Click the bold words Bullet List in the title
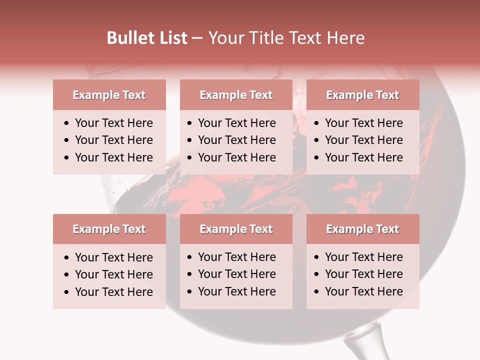[147, 38]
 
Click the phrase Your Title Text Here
[286, 38]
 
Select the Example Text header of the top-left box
[109, 95]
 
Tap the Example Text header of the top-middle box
[236, 95]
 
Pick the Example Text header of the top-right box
[362, 95]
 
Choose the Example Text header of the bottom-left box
[109, 229]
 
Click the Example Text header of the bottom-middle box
[236, 229]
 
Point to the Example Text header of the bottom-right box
[362, 229]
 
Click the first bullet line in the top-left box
[113, 123]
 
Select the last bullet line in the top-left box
[113, 157]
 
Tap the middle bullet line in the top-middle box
[236, 140]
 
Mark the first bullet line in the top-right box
[363, 123]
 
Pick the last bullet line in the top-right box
[363, 157]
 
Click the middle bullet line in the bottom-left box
[113, 274]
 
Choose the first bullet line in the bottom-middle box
[236, 257]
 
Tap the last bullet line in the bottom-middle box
[236, 291]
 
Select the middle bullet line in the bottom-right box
[363, 274]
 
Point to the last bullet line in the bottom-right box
[363, 291]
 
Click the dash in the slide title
[197, 38]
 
